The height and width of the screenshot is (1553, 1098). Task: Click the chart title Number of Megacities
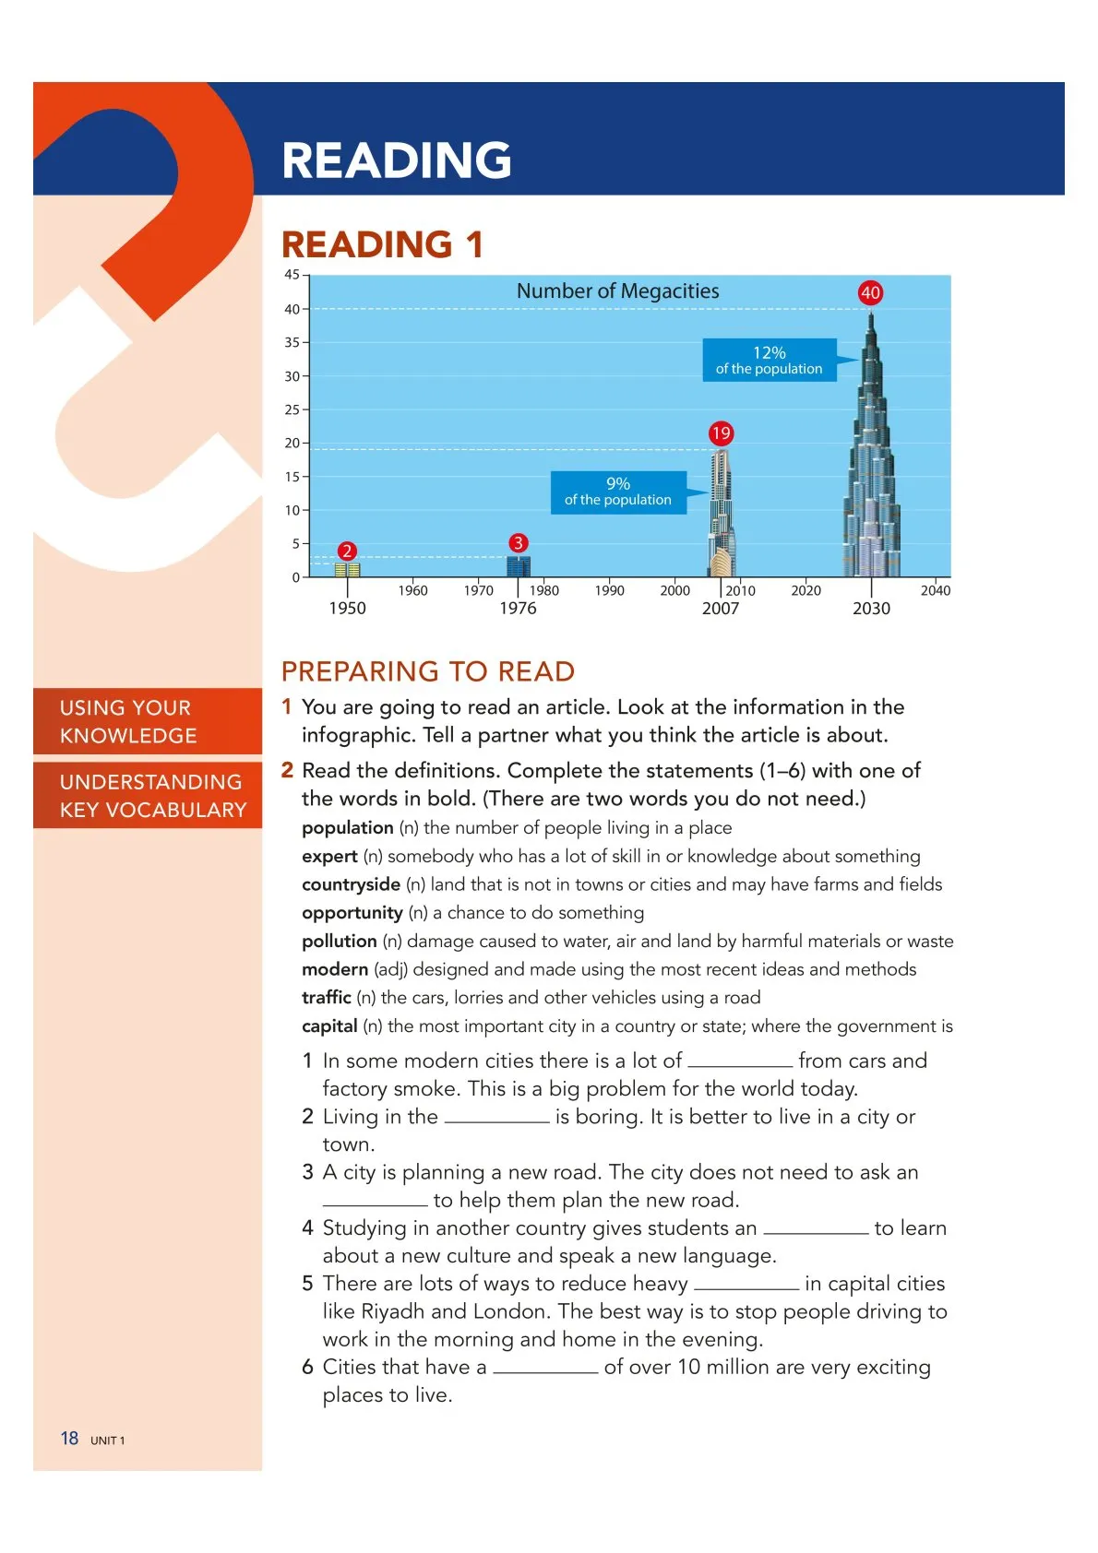[x=617, y=291]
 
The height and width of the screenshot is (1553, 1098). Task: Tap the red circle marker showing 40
[x=870, y=293]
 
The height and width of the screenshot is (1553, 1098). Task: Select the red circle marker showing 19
[x=721, y=433]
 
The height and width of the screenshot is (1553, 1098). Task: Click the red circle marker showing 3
[x=518, y=543]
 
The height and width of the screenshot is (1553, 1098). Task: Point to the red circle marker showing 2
[x=347, y=551]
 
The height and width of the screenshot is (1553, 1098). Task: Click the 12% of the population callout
[x=770, y=360]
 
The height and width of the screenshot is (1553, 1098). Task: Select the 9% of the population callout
[x=618, y=492]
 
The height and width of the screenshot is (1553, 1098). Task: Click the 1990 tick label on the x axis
[x=609, y=591]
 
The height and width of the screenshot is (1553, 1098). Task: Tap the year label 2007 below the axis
[x=721, y=609]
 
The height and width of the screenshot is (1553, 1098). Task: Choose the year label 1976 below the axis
[x=518, y=609]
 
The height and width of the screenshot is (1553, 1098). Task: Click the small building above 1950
[x=347, y=570]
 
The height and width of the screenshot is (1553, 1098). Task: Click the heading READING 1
[x=382, y=245]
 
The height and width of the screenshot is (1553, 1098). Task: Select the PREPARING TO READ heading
[x=428, y=671]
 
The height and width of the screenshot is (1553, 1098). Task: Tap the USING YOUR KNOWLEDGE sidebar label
[x=128, y=721]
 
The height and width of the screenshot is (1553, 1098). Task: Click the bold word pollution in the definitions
[x=339, y=941]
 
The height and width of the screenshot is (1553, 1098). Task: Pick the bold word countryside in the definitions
[x=351, y=884]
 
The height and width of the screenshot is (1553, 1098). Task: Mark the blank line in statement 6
[x=544, y=1370]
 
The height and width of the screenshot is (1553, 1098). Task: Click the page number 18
[x=69, y=1439]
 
